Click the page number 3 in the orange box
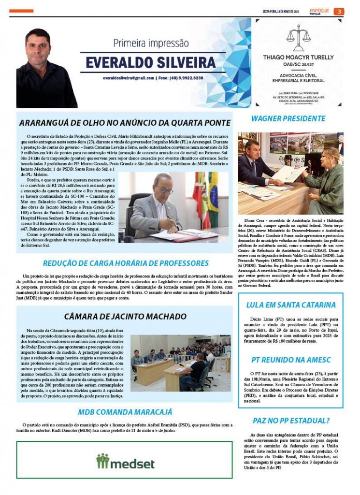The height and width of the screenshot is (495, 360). (x=340, y=12)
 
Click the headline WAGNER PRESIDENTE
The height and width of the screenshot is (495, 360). (x=288, y=118)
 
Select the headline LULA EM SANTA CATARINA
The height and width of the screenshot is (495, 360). (x=291, y=305)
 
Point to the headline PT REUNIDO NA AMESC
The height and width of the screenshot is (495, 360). (x=290, y=360)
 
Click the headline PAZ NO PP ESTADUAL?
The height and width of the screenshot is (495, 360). (x=291, y=420)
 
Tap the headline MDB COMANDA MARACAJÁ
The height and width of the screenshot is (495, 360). (x=125, y=412)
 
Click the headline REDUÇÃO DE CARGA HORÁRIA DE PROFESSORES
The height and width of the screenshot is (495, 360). (x=125, y=263)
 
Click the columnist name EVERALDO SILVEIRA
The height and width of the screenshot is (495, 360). (x=151, y=63)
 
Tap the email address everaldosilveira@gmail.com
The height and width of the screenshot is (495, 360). (x=129, y=78)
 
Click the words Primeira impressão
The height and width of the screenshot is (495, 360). (x=151, y=43)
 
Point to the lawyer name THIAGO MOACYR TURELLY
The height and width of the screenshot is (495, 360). (x=298, y=57)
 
